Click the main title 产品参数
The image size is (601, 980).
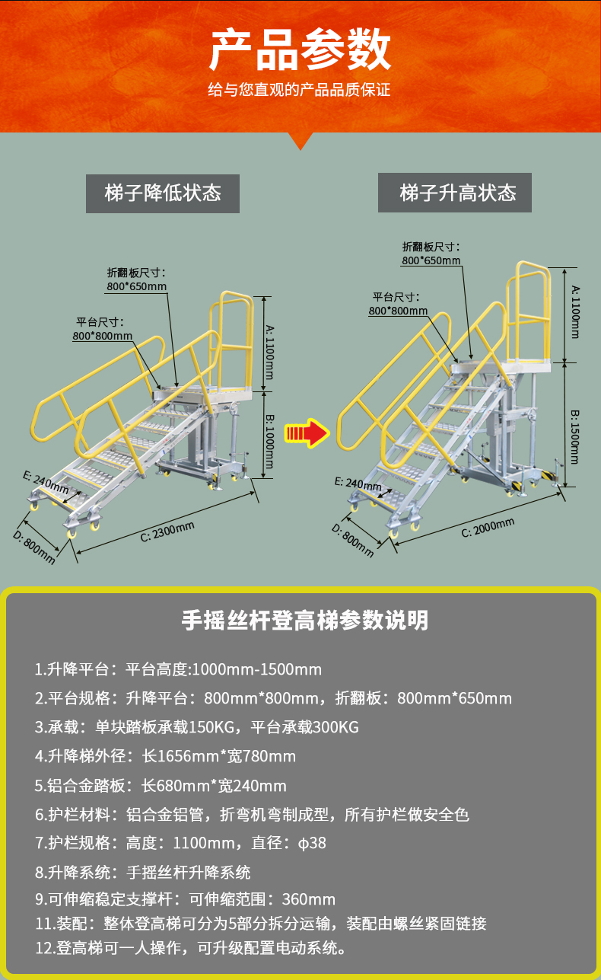[x=300, y=50]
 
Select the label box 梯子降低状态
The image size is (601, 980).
[x=163, y=193]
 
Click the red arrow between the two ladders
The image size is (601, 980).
[x=305, y=433]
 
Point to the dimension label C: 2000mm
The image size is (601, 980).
[x=488, y=527]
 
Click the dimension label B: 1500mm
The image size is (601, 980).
[x=575, y=437]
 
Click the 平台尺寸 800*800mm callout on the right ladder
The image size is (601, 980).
[x=398, y=304]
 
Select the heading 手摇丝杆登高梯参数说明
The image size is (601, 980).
[x=305, y=620]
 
